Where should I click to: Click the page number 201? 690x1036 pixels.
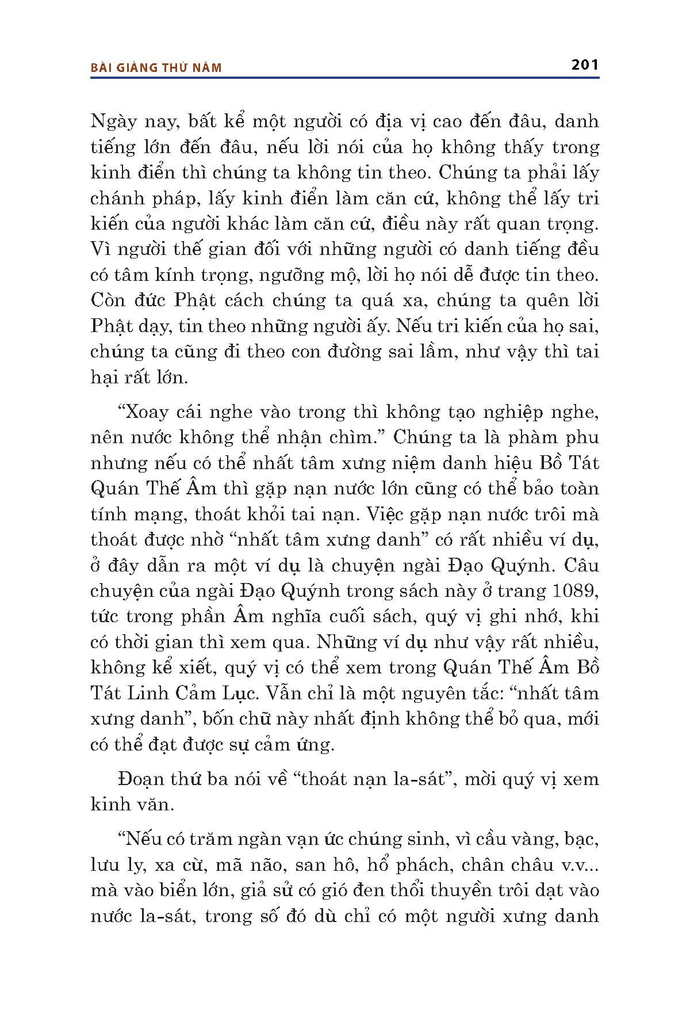[585, 64]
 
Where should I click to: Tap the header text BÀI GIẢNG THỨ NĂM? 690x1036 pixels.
[156, 68]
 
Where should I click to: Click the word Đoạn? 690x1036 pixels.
[140, 779]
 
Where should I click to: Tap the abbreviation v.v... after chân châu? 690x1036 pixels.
[577, 865]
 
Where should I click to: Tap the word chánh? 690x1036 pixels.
[115, 199]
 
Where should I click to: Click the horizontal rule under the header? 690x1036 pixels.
[345, 78]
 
